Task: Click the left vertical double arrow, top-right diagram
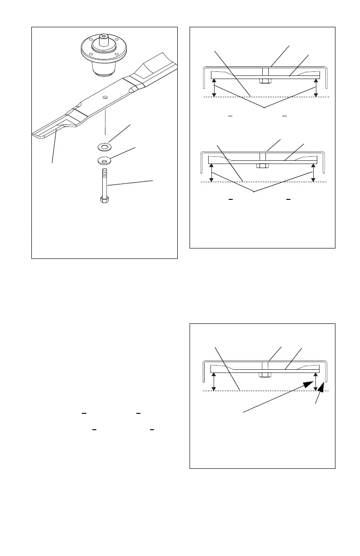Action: pos(214,88)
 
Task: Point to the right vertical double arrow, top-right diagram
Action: pos(315,88)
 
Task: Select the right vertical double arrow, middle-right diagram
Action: pos(313,173)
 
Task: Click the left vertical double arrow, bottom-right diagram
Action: pos(214,382)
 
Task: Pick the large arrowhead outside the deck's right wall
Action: pos(322,387)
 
